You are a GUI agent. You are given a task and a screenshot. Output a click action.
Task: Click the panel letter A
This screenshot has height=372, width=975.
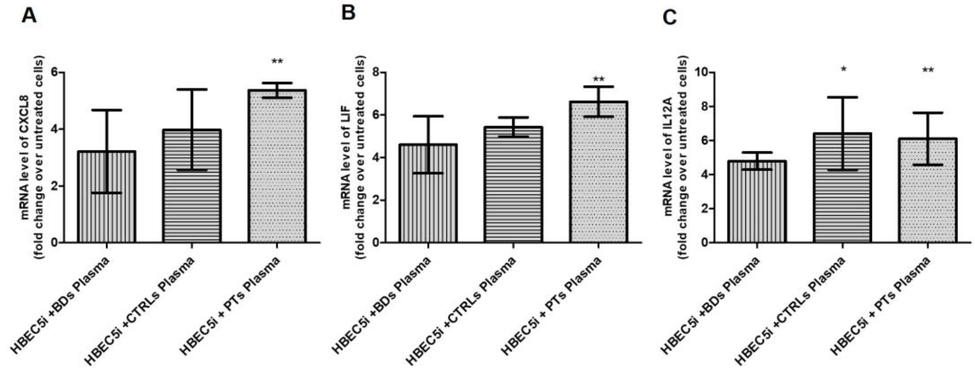(x=29, y=16)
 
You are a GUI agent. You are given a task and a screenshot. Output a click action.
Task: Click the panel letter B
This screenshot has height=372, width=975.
(x=348, y=13)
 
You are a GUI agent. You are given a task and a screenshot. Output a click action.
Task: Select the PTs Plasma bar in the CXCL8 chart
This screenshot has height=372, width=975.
(x=277, y=170)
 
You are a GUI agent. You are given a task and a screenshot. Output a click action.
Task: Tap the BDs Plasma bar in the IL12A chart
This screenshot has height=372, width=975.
(x=757, y=204)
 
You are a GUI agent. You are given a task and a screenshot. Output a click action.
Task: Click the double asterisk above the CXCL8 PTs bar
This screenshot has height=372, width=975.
(x=277, y=61)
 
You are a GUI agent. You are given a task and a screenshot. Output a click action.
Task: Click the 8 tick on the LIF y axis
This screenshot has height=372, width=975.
(x=375, y=72)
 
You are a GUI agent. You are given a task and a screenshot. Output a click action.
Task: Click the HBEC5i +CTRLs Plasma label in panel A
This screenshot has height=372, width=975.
(x=140, y=311)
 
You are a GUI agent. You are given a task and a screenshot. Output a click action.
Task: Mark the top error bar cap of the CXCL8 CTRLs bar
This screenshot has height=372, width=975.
(x=192, y=89)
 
